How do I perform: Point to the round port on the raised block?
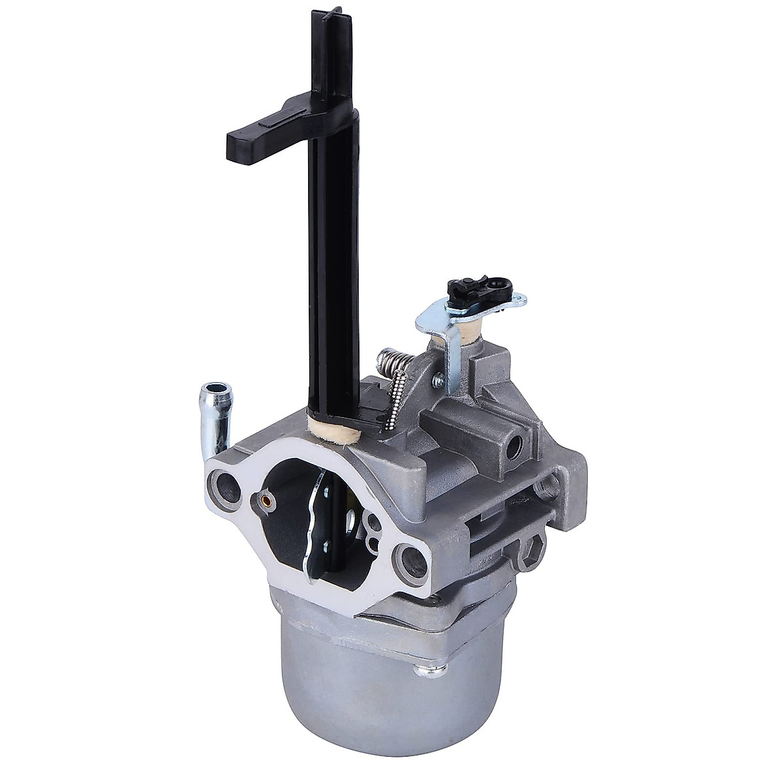(519, 448)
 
